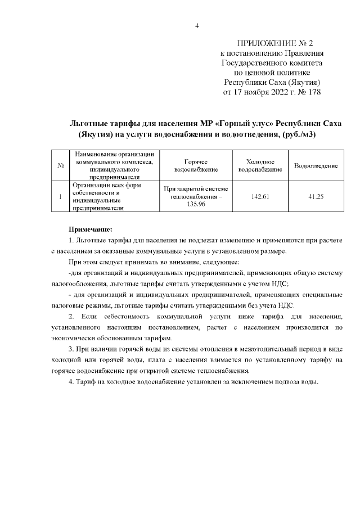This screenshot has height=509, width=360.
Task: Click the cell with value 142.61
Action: [260, 196]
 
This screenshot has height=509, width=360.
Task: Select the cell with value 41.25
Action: [316, 196]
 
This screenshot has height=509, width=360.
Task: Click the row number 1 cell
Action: [60, 196]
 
